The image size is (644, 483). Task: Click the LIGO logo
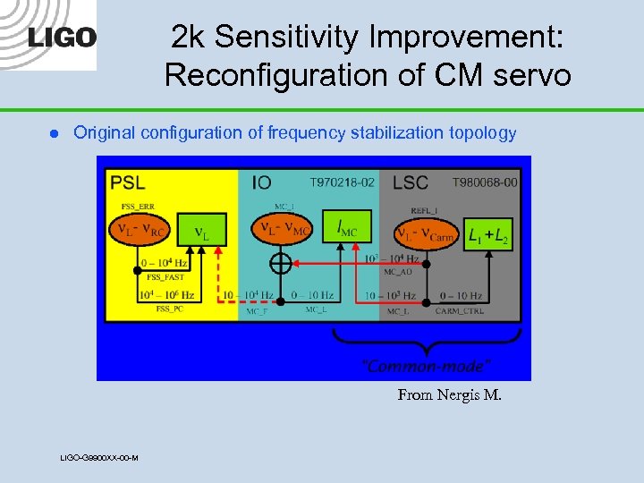click(x=62, y=38)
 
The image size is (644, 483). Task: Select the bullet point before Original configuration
click(x=53, y=133)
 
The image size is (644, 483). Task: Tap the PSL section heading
click(x=128, y=182)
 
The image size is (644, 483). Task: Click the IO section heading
click(x=261, y=182)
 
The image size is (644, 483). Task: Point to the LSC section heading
click(x=410, y=182)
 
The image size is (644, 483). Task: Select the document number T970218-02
click(x=342, y=182)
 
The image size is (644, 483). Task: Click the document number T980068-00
click(x=484, y=182)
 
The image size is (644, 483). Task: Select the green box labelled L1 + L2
click(x=488, y=234)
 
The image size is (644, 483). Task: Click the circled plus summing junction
click(x=281, y=265)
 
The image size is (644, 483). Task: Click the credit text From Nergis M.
click(x=449, y=394)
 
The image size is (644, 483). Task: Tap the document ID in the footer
click(x=98, y=458)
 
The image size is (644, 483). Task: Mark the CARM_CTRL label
click(x=459, y=310)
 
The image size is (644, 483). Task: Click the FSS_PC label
click(x=170, y=309)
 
